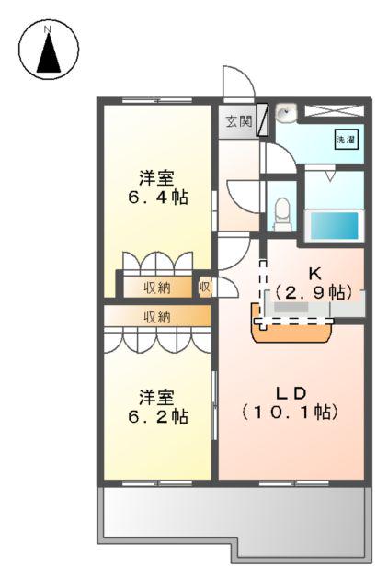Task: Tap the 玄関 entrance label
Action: click(238, 121)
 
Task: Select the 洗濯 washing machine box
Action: click(345, 141)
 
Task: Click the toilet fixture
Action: click(282, 212)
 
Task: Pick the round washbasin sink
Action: click(287, 114)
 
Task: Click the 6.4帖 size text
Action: click(158, 197)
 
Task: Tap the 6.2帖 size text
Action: click(158, 416)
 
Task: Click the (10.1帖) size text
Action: click(291, 412)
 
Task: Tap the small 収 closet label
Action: click(205, 287)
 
